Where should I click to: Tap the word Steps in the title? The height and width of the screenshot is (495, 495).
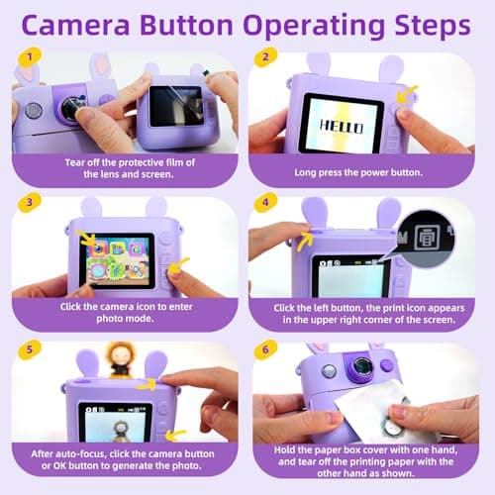click(x=431, y=26)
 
